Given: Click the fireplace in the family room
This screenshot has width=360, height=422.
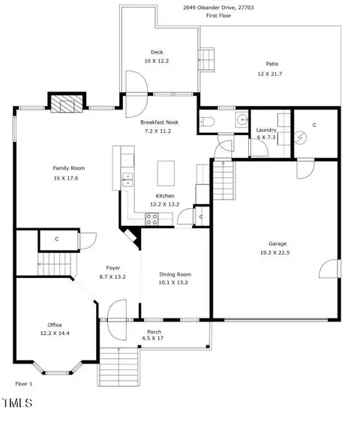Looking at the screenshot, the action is coord(67,102).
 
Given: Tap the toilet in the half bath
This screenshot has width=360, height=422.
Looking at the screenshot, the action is coord(207,122).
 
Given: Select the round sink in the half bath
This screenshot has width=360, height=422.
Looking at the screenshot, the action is coord(242,119).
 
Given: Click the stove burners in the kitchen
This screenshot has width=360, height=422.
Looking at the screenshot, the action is coord(152,219).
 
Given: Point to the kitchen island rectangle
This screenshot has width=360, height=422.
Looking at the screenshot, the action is coord(166,173).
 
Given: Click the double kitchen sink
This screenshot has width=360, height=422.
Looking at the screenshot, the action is coord(127,179).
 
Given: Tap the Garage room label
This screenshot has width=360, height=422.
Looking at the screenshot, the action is coord(277,244).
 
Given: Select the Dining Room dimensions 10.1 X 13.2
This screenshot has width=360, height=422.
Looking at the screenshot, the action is coord(173,282).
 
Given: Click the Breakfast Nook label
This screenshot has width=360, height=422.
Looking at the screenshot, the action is coord(160,122).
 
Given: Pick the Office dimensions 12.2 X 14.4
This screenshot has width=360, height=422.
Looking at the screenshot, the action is coord(55,333).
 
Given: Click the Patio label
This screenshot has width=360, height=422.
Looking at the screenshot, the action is coord(272,64).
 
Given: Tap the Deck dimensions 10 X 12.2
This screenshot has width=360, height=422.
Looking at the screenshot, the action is coord(157,61).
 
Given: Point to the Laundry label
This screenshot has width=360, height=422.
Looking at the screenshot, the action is coord(266,130).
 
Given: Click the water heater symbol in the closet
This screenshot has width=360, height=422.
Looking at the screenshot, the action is coord(301,138).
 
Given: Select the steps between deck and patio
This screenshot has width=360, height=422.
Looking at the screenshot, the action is coord(206,59).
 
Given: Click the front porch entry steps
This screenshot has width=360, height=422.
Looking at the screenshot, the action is coord(118,366).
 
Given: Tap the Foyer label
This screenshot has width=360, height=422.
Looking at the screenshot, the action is coord(113,268).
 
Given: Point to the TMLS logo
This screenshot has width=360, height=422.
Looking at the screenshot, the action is coord(17,403).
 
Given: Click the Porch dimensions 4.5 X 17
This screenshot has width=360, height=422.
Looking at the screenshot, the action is coord(152,339).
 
